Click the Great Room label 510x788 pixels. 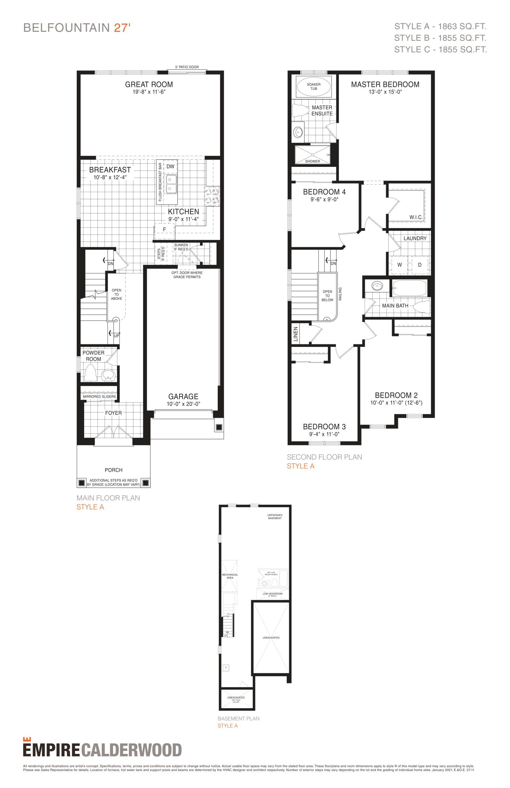point(149,84)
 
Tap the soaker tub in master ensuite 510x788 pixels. point(313,87)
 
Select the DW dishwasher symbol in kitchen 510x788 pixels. point(170,167)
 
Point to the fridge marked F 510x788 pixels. point(164,229)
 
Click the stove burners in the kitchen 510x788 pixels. point(212,195)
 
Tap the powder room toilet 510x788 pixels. point(90,372)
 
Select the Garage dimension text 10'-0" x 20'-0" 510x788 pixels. point(183,404)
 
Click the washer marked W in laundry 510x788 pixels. point(399,265)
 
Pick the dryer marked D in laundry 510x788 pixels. point(419,265)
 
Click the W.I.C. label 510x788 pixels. point(416,217)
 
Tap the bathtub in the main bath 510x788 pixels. point(409,288)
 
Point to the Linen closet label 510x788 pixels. point(296,334)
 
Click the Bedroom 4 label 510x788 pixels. point(324,192)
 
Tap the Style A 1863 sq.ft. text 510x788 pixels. point(440,26)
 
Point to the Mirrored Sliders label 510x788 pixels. point(99,396)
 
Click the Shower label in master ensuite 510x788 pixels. point(312,161)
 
